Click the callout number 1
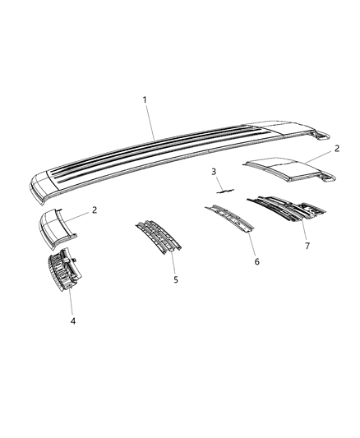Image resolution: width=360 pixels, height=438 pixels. click(x=145, y=100)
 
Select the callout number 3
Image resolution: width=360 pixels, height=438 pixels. click(x=213, y=172)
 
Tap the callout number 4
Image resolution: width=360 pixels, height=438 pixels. click(x=72, y=321)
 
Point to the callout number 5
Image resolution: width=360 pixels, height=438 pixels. click(x=176, y=279)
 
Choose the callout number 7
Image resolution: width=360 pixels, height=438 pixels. click(x=308, y=245)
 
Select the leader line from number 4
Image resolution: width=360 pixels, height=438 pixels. click(x=73, y=302)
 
